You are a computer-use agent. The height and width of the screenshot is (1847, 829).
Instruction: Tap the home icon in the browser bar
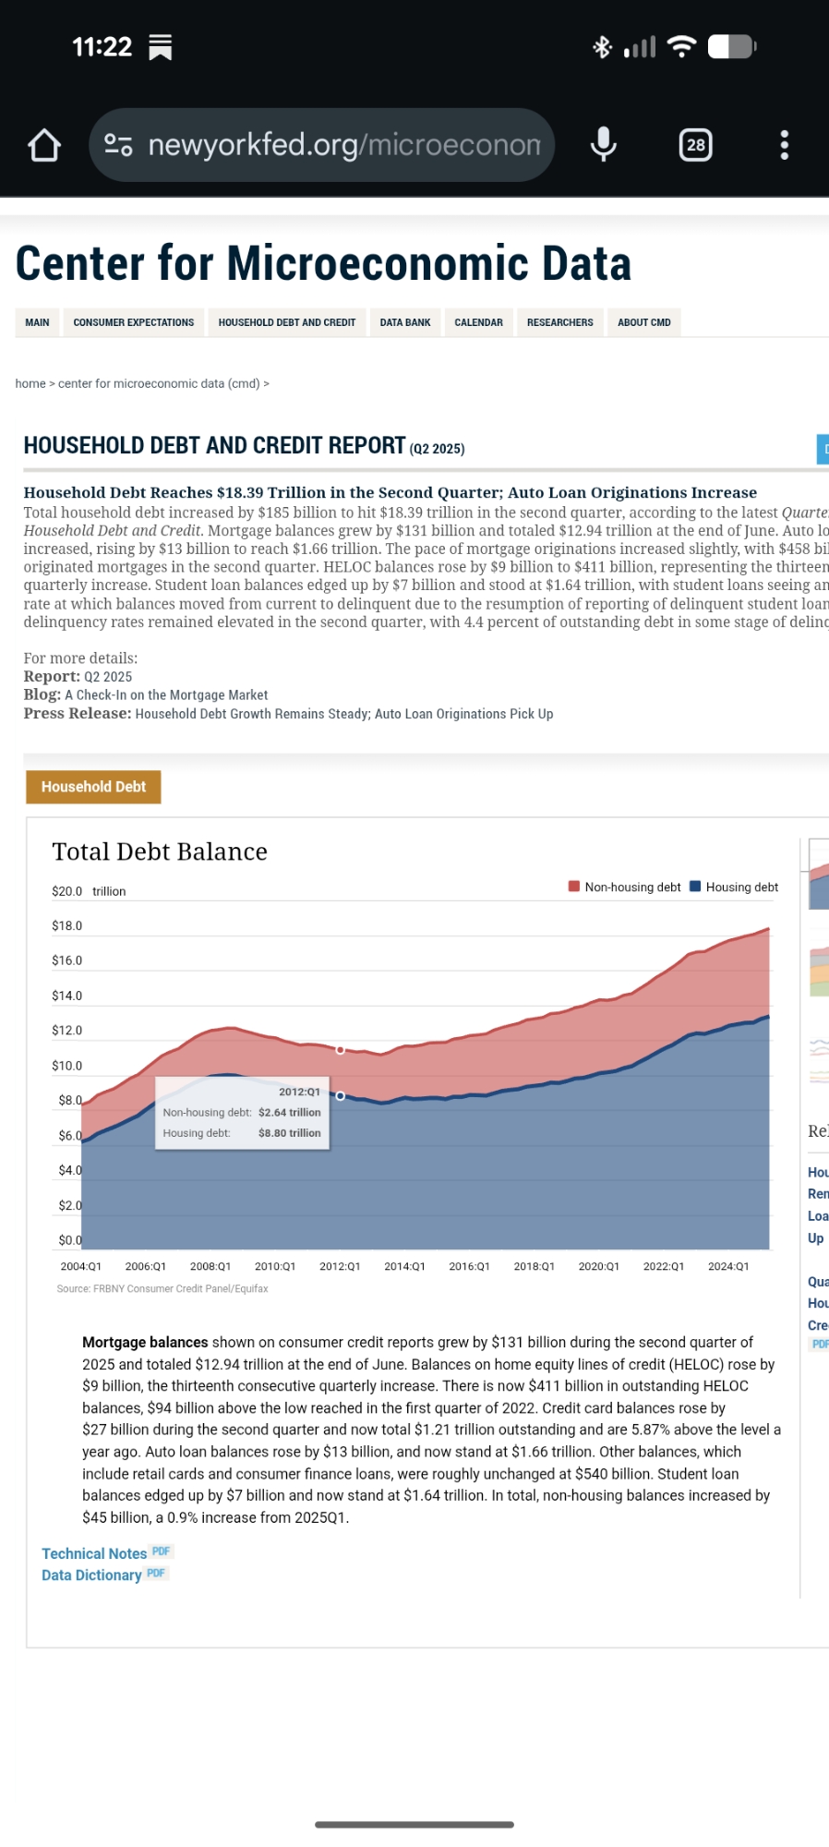[x=44, y=145]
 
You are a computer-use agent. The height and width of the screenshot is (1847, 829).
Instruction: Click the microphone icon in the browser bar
[x=604, y=145]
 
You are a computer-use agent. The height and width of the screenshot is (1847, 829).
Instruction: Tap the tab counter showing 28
[x=696, y=145]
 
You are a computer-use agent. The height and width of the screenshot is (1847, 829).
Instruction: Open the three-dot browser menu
[x=785, y=145]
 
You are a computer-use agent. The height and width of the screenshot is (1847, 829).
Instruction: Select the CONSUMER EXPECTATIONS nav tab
[x=134, y=322]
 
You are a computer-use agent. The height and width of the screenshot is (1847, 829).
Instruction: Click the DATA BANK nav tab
[x=405, y=322]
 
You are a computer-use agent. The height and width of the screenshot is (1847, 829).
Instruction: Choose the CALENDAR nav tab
[x=478, y=322]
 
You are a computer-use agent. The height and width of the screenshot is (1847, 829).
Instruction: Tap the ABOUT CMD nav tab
[x=644, y=322]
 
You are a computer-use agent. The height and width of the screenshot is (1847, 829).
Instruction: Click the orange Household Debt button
[x=93, y=787]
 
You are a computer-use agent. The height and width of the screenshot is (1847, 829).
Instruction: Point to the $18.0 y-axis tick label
[x=67, y=926]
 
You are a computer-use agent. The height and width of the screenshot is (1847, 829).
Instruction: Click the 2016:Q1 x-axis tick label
[x=469, y=1266]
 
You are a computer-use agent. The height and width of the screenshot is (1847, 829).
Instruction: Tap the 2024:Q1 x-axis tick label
[x=728, y=1266]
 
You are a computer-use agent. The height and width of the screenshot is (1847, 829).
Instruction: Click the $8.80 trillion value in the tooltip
[x=289, y=1133]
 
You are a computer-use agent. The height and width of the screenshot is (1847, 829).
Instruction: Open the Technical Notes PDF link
[x=95, y=1553]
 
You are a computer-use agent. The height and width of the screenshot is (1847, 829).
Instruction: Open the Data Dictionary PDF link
[x=92, y=1575]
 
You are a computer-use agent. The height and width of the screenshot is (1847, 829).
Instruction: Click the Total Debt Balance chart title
[x=160, y=851]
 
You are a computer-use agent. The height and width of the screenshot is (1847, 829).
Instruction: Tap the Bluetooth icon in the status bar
[x=602, y=47]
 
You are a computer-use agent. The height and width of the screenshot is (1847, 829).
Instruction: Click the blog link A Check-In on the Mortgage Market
[x=166, y=695]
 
